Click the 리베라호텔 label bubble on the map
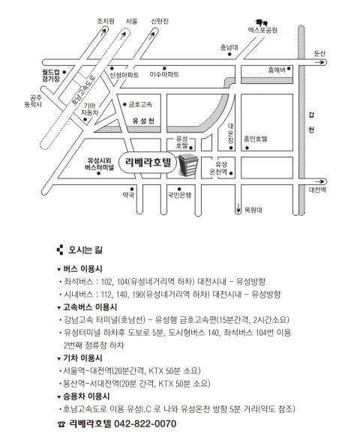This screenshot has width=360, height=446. click(148, 163)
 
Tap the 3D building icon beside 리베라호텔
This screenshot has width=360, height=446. click(188, 165)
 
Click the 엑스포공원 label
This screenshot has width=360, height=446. click(262, 30)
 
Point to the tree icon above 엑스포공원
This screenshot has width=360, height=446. click(262, 22)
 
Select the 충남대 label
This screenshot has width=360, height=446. click(229, 47)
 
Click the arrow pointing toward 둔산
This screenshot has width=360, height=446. click(319, 62)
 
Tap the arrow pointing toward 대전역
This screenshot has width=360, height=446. click(319, 181)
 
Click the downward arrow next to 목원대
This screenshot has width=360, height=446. click(238, 208)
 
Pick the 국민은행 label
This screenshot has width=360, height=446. click(179, 195)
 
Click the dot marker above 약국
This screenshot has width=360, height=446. click(132, 189)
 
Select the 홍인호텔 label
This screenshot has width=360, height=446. click(256, 139)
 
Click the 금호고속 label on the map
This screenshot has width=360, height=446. click(140, 105)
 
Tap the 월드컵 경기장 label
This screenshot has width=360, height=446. click(51, 76)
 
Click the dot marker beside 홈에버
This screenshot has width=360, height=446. click(289, 68)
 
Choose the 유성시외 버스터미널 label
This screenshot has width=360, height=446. click(99, 164)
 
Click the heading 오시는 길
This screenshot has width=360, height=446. click(85, 250)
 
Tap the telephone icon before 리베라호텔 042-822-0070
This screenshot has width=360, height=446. click(61, 424)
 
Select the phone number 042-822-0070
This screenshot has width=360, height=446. click(145, 424)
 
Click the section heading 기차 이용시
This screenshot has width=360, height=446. click(82, 358)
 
